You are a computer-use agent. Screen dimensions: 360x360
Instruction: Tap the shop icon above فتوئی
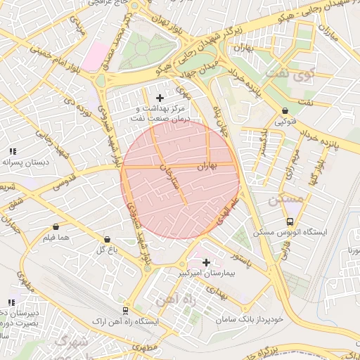(x=285, y=110)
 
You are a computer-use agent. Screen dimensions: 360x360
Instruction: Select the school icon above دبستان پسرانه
(x=12, y=151)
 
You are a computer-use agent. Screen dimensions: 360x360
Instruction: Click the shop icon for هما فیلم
(x=56, y=227)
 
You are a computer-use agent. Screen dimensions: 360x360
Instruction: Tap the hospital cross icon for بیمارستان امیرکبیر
(x=206, y=262)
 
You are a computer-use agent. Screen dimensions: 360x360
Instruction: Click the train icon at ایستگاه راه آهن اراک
(x=125, y=310)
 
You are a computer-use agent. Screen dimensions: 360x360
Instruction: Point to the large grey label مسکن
(x=286, y=200)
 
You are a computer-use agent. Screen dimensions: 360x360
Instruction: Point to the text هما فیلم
(x=57, y=238)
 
